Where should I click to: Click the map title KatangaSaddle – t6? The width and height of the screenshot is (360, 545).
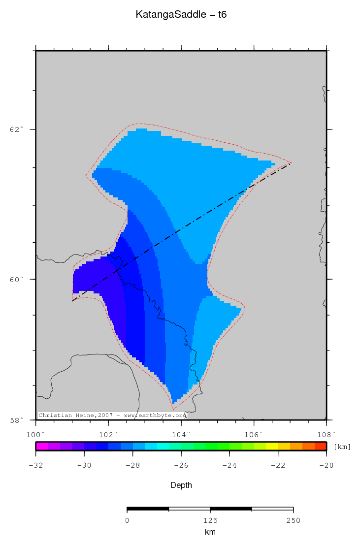[181, 15]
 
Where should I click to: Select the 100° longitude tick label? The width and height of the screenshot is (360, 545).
[35, 434]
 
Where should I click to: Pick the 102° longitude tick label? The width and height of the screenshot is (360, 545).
[108, 434]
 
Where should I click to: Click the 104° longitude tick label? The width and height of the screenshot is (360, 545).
[181, 434]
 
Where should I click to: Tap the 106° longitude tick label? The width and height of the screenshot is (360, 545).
[254, 434]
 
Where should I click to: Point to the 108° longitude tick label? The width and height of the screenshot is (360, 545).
[326, 434]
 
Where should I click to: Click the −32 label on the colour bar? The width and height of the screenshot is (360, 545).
[35, 465]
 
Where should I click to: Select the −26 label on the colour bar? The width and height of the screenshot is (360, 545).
[181, 465]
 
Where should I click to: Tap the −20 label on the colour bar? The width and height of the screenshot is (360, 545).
[326, 465]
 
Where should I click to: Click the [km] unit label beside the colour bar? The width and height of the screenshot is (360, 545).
[342, 447]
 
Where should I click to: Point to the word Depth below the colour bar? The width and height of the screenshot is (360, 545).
[181, 485]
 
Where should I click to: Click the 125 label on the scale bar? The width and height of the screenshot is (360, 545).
[210, 520]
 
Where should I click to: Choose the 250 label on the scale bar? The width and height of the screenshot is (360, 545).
[293, 520]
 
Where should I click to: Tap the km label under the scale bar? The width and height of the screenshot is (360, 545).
[210, 532]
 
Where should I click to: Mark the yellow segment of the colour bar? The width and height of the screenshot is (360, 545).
[272, 447]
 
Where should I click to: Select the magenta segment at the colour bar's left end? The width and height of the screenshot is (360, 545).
[42, 447]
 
